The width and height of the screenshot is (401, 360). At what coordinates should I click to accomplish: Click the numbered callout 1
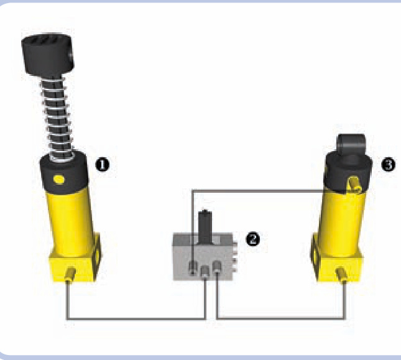(103, 165)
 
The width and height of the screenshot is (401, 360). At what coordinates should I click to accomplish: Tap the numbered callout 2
(252, 239)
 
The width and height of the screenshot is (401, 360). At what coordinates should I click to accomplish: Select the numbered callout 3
(388, 164)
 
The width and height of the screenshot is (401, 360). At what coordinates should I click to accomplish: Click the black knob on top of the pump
(48, 55)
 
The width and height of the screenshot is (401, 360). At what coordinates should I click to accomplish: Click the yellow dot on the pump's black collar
(59, 180)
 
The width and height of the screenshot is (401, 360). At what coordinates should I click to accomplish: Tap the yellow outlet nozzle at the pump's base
(70, 274)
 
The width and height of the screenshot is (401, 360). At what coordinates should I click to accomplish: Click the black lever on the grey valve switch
(205, 226)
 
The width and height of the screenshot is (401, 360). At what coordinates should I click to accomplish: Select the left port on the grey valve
(193, 268)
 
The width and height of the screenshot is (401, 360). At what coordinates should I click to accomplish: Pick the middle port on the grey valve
(205, 272)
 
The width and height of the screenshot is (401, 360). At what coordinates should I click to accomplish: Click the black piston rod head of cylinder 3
(351, 144)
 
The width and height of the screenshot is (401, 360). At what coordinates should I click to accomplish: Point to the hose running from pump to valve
(136, 319)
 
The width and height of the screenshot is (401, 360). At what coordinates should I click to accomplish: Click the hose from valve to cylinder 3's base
(280, 318)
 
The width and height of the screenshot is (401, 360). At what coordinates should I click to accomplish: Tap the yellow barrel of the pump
(70, 221)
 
